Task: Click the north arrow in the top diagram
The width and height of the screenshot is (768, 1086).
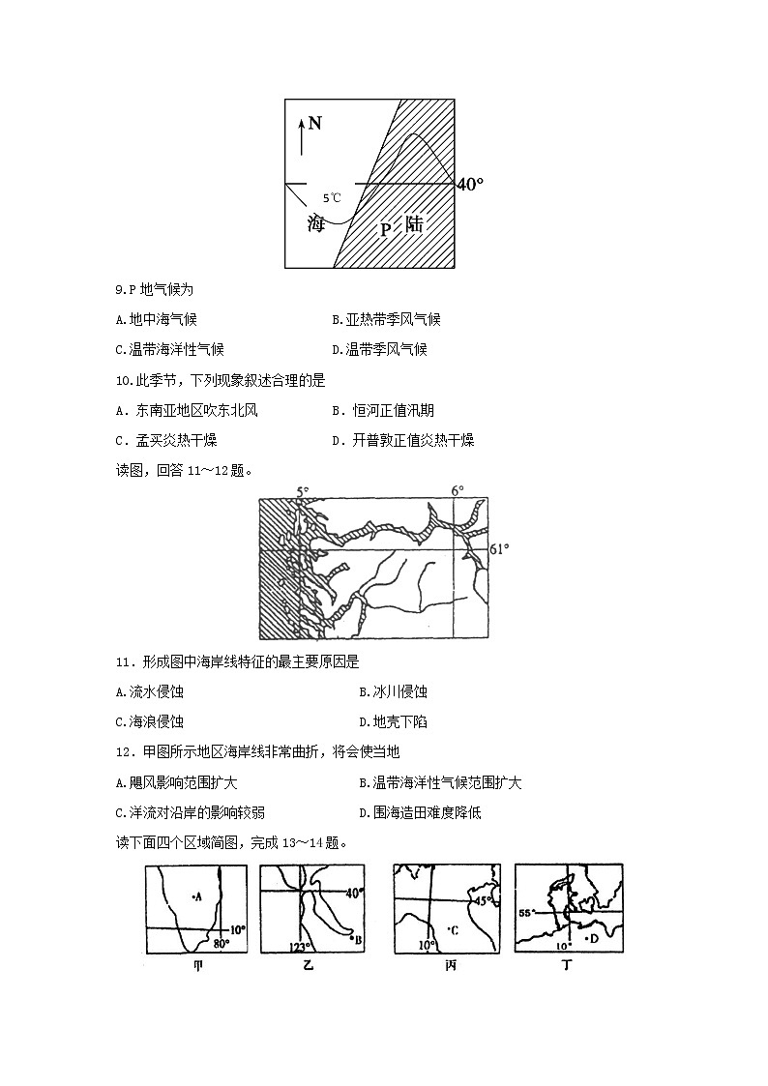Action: point(303,136)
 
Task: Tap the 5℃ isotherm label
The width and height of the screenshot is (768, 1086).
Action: point(332,198)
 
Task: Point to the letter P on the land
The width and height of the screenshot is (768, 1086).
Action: point(385,230)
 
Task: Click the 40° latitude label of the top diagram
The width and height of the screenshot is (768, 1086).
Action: point(469,184)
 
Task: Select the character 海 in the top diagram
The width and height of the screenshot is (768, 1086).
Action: point(316,223)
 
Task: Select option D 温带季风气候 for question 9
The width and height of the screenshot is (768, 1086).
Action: point(379,349)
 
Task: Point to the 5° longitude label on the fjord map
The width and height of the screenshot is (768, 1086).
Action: point(302,492)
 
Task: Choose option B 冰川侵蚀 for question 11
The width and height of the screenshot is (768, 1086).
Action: point(393,691)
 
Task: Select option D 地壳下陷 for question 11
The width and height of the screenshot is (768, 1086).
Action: point(393,721)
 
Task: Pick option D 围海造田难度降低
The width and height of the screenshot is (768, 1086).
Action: point(420,812)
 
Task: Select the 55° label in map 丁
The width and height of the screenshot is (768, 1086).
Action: point(526,912)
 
